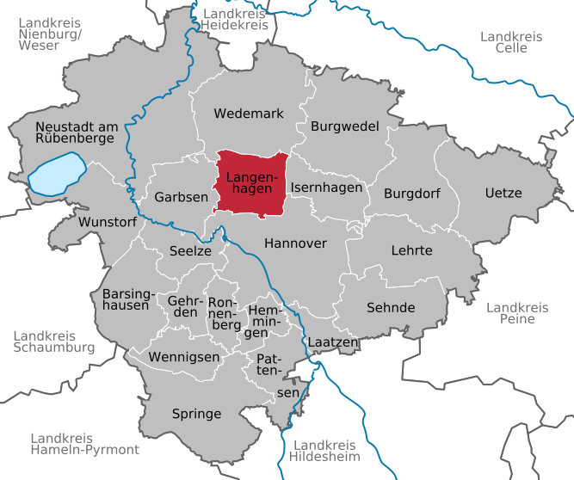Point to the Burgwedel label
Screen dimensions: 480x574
(344, 126)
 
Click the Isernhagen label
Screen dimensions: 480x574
(326, 187)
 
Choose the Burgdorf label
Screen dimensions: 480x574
(412, 193)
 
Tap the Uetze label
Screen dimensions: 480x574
(503, 193)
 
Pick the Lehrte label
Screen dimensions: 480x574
(411, 250)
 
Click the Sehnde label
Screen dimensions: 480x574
(391, 307)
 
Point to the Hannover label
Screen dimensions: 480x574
(295, 243)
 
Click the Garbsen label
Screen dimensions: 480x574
(181, 197)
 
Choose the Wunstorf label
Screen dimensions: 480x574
(107, 222)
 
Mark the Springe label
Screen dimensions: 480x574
(196, 414)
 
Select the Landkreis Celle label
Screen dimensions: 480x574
(511, 41)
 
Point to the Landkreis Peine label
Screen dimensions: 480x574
(516, 313)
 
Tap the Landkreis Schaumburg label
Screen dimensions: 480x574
(53, 342)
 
